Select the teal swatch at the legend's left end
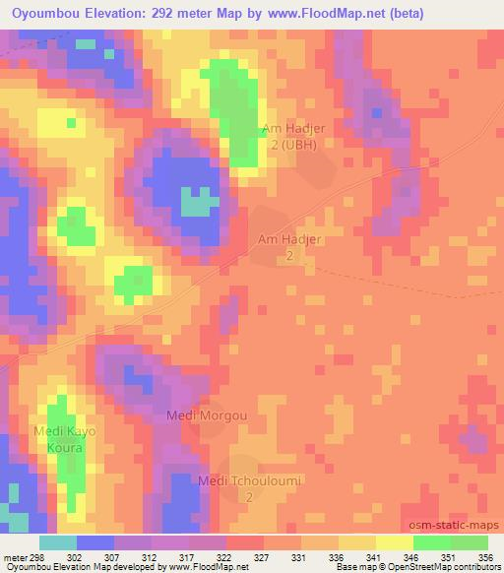coord(58,542)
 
